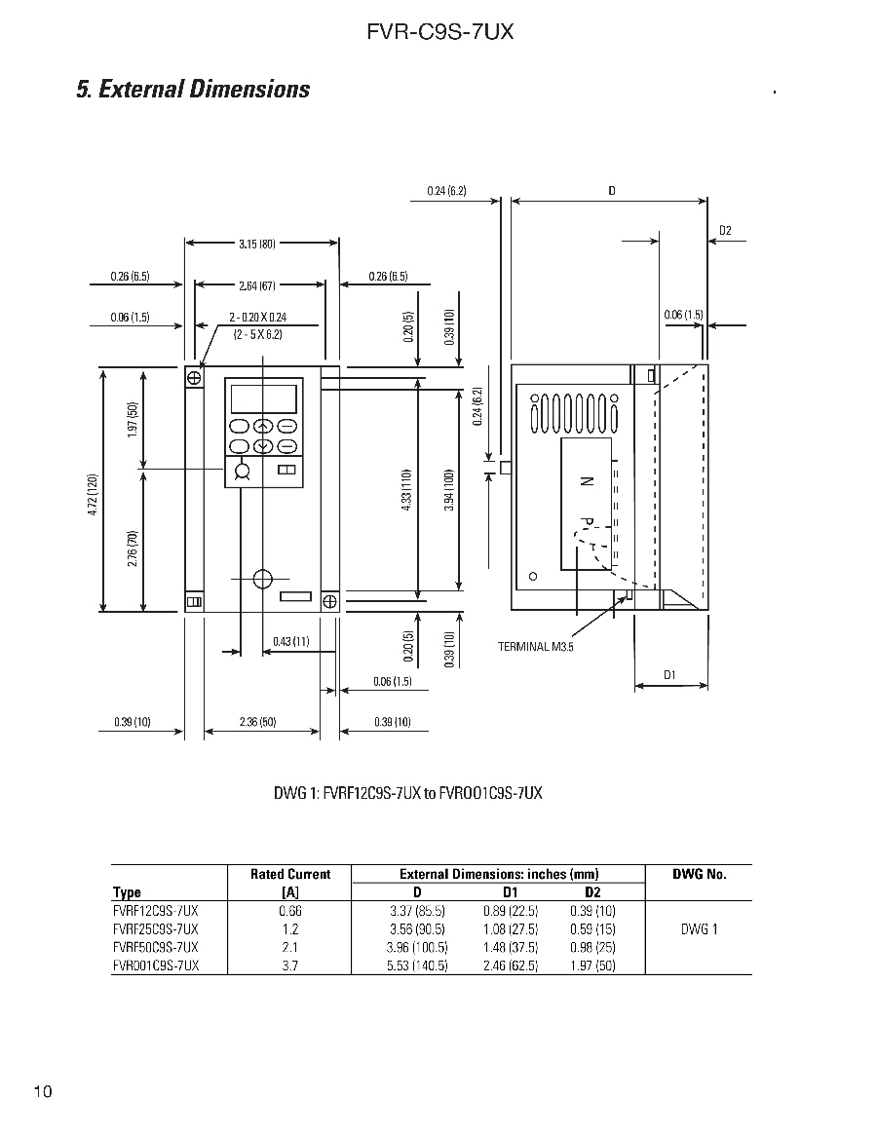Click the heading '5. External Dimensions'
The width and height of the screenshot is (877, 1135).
pyautogui.click(x=193, y=90)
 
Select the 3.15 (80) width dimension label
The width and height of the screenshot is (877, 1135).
pyautogui.click(x=256, y=244)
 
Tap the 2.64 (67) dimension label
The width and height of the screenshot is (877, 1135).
pyautogui.click(x=257, y=285)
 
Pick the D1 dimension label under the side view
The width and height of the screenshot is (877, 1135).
pyautogui.click(x=670, y=674)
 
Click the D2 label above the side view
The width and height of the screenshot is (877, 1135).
pyautogui.click(x=725, y=231)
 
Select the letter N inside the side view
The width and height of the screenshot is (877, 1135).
pyautogui.click(x=587, y=481)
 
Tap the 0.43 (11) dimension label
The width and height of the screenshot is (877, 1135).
pyautogui.click(x=291, y=641)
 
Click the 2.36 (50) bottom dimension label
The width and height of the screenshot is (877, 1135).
pyautogui.click(x=258, y=722)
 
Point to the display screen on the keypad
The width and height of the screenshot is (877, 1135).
pyautogui.click(x=262, y=398)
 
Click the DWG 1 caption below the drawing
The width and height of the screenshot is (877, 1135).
pyautogui.click(x=407, y=792)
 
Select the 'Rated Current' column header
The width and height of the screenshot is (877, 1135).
pyautogui.click(x=290, y=874)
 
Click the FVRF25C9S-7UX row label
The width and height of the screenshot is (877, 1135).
pyautogui.click(x=156, y=928)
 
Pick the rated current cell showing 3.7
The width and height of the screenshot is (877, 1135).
pyautogui.click(x=289, y=965)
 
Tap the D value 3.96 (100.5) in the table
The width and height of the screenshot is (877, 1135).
pyautogui.click(x=415, y=947)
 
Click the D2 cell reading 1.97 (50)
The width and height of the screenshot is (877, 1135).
pyautogui.click(x=592, y=965)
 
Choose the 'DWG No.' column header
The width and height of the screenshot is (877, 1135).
pyautogui.click(x=700, y=874)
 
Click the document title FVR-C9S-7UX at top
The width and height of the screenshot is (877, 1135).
pyautogui.click(x=439, y=32)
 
